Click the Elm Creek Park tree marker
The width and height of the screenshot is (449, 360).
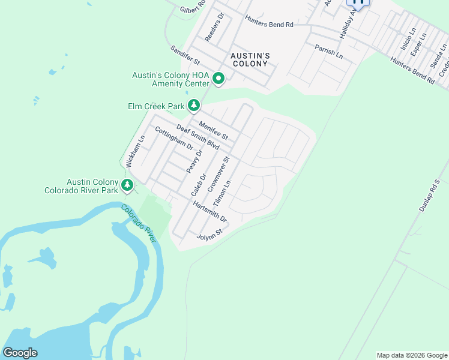194,106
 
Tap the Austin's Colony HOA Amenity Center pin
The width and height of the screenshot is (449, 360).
219,79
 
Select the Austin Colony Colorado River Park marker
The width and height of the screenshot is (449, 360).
127,185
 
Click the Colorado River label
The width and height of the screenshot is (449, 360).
139,223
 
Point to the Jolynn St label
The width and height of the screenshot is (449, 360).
210,234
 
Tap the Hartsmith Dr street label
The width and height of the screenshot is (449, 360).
209,211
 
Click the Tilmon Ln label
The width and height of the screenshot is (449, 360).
222,193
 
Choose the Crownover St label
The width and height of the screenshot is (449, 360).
218,175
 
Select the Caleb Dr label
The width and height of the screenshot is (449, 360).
199,185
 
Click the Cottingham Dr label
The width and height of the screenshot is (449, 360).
173,139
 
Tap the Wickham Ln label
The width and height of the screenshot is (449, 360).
135,151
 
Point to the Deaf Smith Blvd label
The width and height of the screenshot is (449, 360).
197,137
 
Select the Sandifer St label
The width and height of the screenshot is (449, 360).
184,56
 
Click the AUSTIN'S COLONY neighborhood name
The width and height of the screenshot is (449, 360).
250,60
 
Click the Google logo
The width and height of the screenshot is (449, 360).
20,352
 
